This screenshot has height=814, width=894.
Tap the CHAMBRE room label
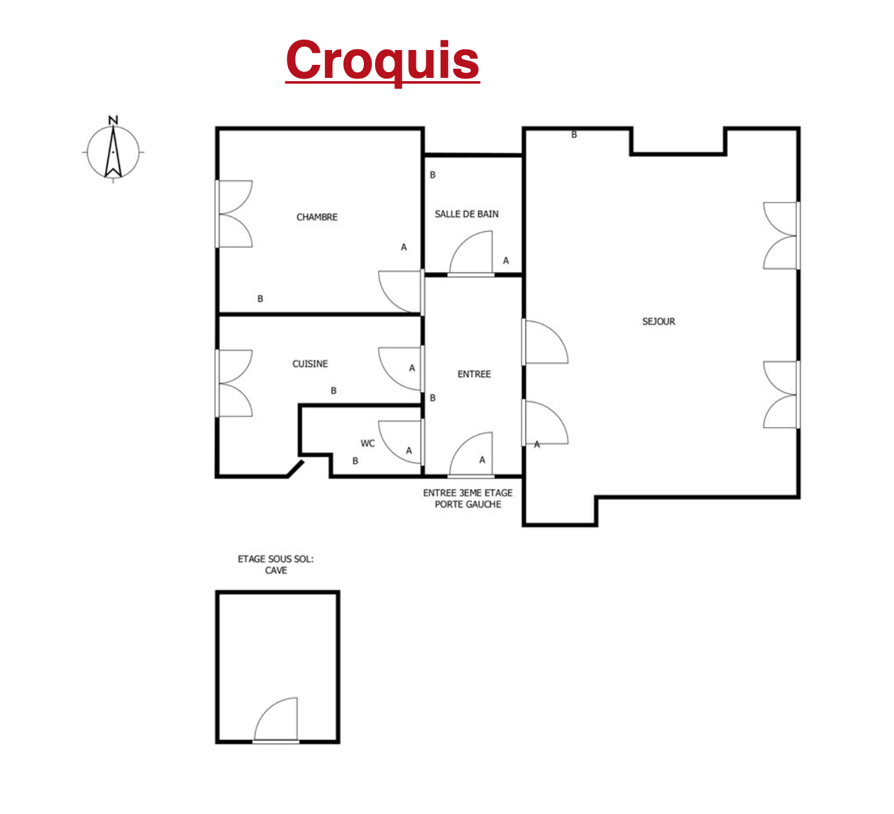[317, 217]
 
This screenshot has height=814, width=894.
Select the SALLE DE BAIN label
[466, 214]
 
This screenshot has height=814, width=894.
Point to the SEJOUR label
[658, 321]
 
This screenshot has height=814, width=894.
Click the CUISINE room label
[309, 364]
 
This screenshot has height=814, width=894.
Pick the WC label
[368, 443]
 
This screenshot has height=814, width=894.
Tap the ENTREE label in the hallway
[474, 374]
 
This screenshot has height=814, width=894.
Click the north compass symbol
[113, 153]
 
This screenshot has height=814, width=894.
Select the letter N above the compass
[113, 120]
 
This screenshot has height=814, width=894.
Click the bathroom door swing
[470, 253]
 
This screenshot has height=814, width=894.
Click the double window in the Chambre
[234, 214]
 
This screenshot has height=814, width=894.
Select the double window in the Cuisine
[234, 384]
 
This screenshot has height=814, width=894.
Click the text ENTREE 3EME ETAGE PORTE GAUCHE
[468, 499]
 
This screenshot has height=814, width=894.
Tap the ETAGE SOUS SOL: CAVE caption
[276, 565]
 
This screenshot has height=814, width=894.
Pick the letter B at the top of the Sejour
[574, 135]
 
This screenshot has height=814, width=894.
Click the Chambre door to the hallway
[401, 291]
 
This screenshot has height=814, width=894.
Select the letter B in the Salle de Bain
[432, 175]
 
